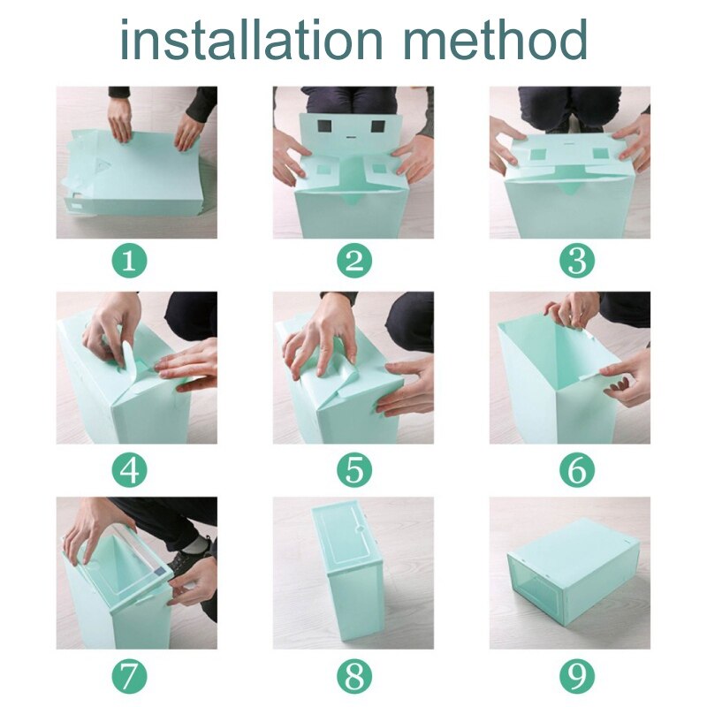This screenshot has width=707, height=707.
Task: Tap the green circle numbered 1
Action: [129, 261]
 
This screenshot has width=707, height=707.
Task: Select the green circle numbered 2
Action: [353, 261]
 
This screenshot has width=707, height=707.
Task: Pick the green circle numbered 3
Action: [577, 261]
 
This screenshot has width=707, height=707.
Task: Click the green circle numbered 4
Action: [129, 470]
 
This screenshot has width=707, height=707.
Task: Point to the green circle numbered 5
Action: [353, 470]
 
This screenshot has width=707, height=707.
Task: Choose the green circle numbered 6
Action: [577, 470]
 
